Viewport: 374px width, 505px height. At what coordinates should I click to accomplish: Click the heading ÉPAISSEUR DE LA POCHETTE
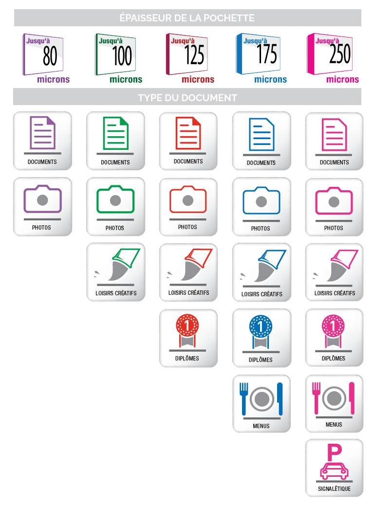click(187, 18)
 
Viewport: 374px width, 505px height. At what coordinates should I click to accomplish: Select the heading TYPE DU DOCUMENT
click(187, 98)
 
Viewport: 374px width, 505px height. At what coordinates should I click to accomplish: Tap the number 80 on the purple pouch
click(50, 56)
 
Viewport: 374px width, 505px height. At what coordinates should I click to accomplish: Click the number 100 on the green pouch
click(122, 56)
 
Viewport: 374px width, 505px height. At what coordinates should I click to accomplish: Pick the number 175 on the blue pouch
click(267, 55)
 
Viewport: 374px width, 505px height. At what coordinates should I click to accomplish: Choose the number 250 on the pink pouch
click(339, 54)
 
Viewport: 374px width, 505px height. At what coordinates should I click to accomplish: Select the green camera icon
click(115, 199)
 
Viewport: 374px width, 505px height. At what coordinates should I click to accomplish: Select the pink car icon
click(334, 471)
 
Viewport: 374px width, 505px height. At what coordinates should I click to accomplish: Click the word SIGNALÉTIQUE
click(334, 489)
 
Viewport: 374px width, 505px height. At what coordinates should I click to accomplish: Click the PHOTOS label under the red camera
click(187, 227)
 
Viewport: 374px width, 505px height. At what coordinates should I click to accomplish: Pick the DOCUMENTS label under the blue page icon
click(261, 162)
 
